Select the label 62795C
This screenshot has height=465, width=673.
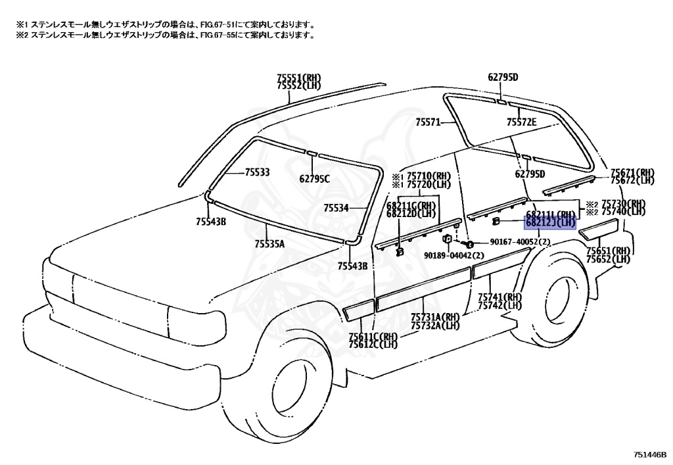click(314, 178)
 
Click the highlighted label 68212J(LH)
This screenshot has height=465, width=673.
click(550, 223)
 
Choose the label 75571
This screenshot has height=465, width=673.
click(427, 122)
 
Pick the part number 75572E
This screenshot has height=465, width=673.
click(521, 122)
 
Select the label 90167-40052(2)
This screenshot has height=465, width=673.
click(519, 242)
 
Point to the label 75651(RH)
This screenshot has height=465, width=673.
click(609, 251)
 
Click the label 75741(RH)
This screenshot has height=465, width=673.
click(499, 298)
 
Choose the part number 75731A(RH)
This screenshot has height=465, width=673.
click(434, 317)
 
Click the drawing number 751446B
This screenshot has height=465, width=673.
click(651, 454)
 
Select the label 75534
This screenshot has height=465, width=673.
click(336, 208)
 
